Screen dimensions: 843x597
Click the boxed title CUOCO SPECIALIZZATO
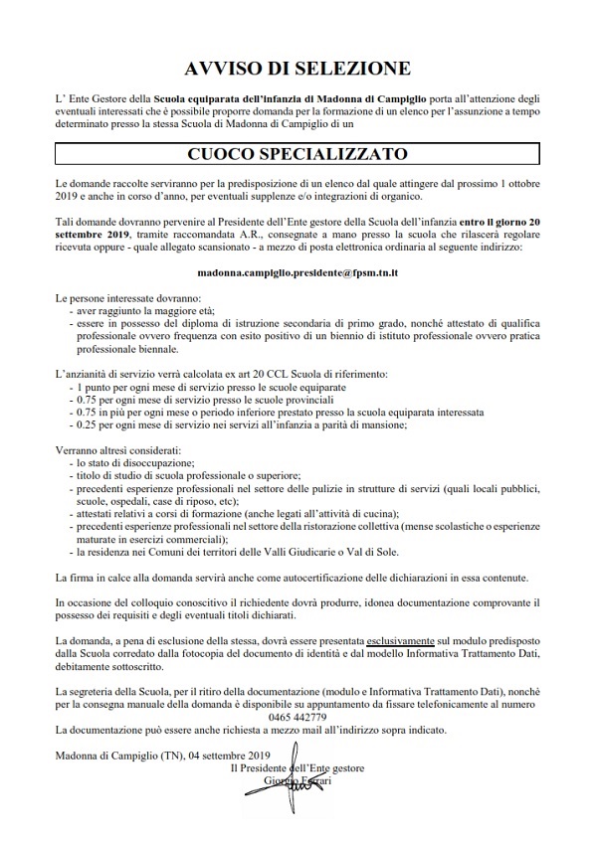298,155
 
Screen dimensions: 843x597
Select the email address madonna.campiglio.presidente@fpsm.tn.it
298,270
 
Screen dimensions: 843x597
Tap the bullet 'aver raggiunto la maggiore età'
140,308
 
